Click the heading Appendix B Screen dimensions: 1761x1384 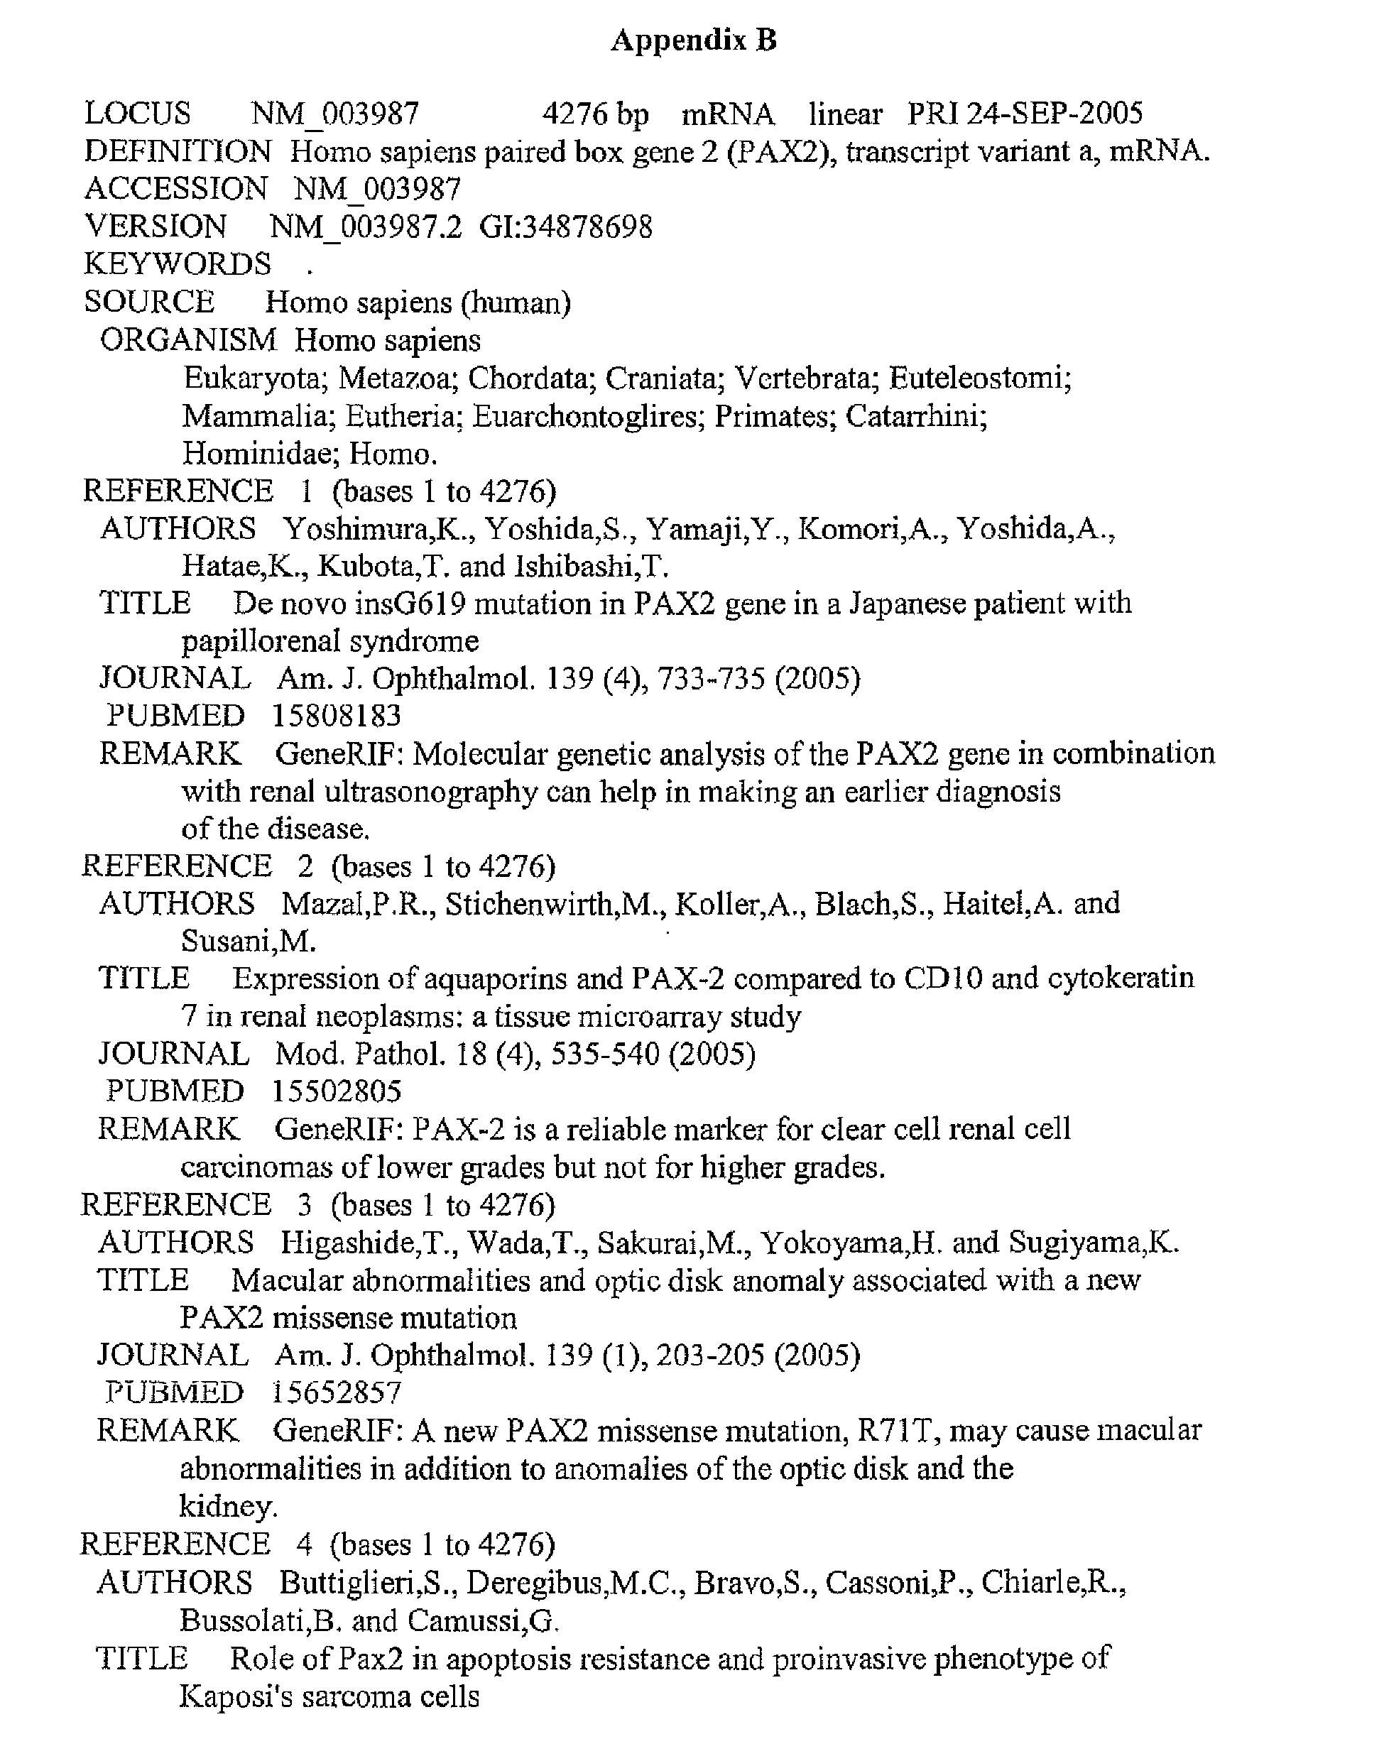694,40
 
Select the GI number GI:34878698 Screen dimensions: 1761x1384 565,227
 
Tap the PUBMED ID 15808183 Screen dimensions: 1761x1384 337,716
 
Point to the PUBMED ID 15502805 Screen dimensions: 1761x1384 337,1091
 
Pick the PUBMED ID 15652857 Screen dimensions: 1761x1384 337,1392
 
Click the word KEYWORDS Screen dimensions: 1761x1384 178,264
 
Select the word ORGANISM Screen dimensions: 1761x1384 188,340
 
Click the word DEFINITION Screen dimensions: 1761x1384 178,151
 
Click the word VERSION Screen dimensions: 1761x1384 156,227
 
